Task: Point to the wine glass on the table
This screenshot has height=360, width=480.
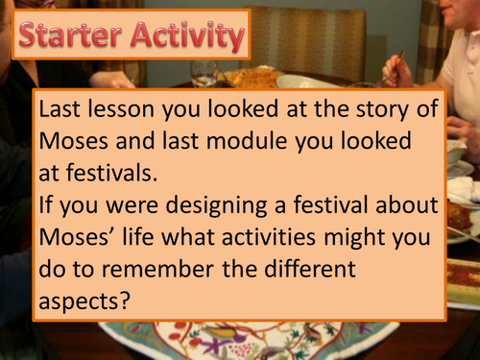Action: point(204,71)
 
